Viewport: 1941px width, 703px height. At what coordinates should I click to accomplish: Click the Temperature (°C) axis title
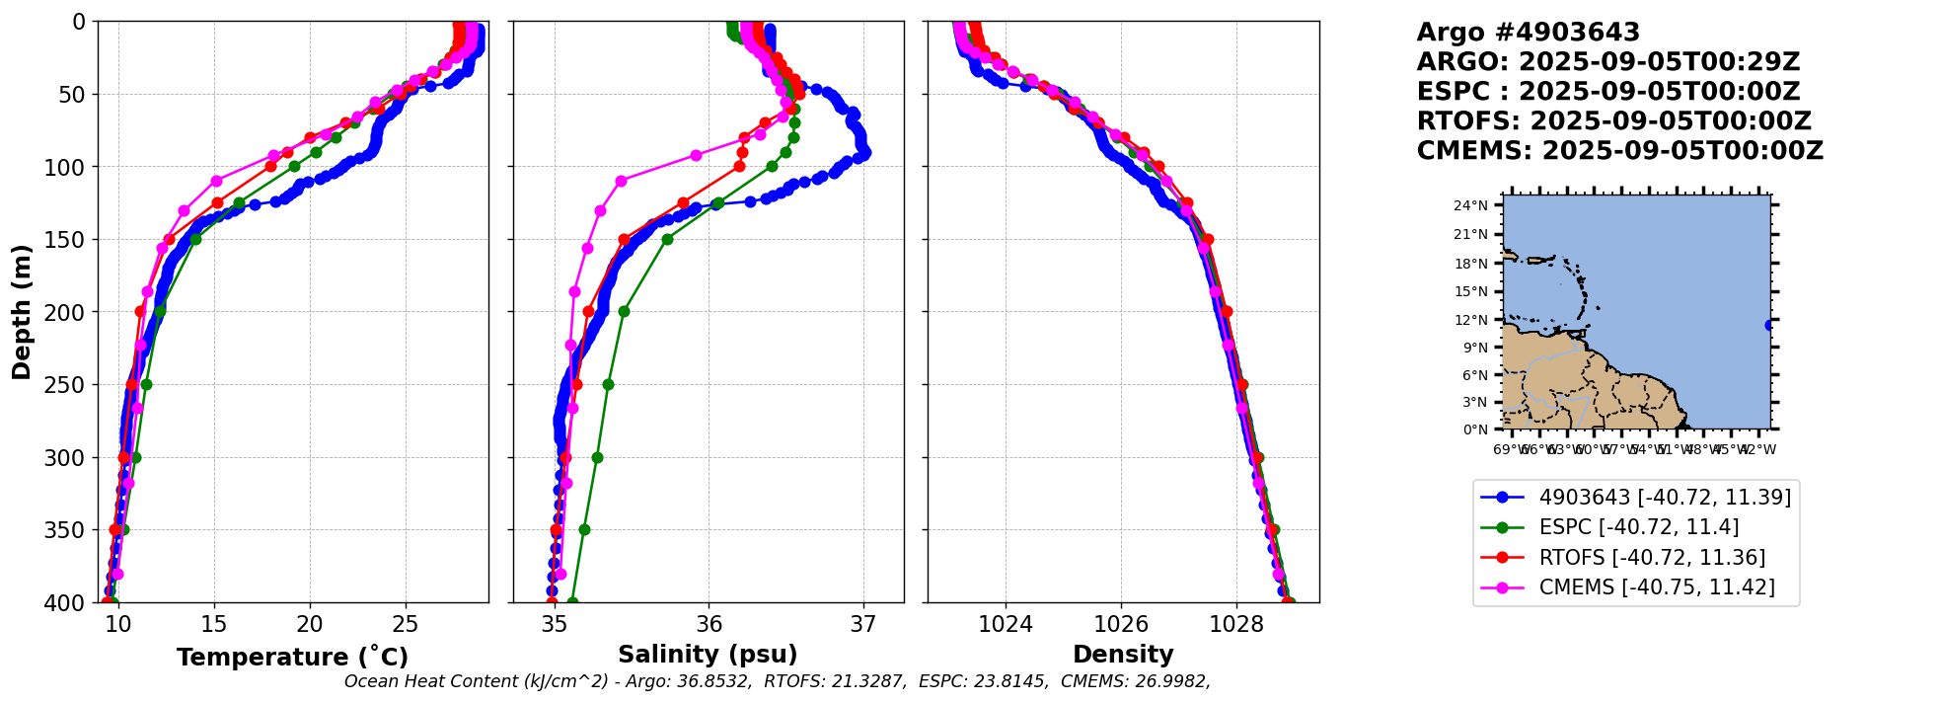point(292,657)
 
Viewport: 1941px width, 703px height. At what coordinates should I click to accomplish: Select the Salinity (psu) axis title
point(708,655)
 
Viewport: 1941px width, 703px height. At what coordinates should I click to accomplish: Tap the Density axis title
point(1123,655)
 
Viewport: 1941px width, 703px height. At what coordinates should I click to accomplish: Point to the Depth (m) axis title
point(22,311)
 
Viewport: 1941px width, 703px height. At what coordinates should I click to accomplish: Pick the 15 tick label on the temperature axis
point(214,624)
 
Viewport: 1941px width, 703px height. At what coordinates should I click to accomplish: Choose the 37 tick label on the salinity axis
point(863,624)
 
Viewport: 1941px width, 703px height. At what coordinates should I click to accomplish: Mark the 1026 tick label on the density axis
point(1121,624)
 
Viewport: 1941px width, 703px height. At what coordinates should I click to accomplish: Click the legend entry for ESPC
point(1638,527)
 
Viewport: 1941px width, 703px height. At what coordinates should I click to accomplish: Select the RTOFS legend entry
point(1652,558)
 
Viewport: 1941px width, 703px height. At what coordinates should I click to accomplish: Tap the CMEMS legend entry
point(1656,587)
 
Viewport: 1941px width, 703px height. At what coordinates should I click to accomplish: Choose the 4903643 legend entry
point(1664,498)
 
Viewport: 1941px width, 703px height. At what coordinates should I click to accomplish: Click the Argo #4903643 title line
point(1528,33)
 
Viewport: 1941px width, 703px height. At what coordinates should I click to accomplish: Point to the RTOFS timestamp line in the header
point(1613,121)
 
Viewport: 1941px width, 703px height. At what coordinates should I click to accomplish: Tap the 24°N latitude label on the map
point(1470,205)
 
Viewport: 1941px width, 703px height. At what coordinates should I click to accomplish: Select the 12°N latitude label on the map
point(1470,320)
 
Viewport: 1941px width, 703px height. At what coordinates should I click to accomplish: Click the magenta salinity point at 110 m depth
point(621,181)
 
